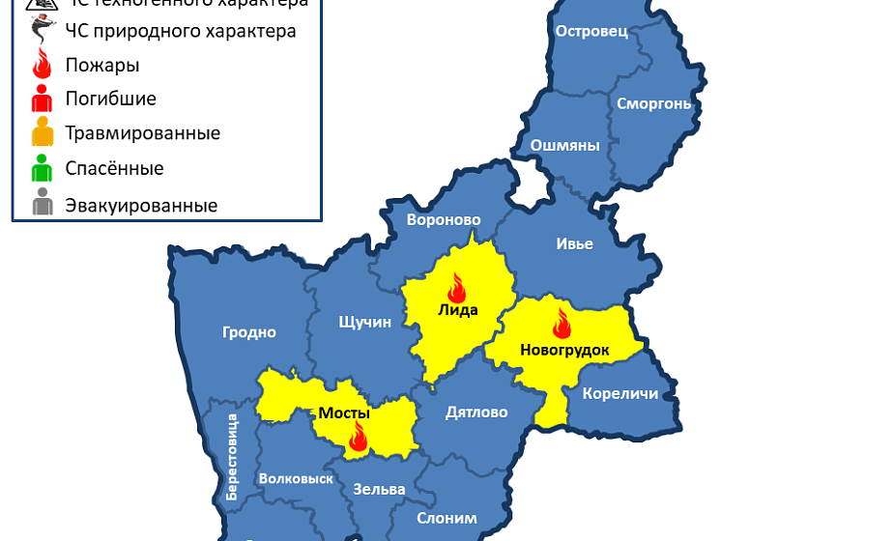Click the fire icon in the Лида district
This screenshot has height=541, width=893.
pyautogui.click(x=456, y=287)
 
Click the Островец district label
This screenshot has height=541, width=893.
pyautogui.click(x=591, y=31)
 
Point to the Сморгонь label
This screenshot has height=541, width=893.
pyautogui.click(x=654, y=102)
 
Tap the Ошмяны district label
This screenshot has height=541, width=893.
pyautogui.click(x=565, y=145)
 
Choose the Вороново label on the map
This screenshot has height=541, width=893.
pyautogui.click(x=443, y=219)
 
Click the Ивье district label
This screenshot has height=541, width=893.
pyautogui.click(x=574, y=243)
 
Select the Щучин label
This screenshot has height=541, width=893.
pyautogui.click(x=365, y=322)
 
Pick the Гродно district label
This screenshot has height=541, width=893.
pyautogui.click(x=249, y=332)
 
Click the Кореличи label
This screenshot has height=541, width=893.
pyautogui.click(x=620, y=393)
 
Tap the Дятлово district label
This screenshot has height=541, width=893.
pyautogui.click(x=476, y=413)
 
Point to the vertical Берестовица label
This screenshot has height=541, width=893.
pyautogui.click(x=232, y=456)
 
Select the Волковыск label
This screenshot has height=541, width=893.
pyautogui.click(x=296, y=478)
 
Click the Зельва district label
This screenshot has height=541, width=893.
pyautogui.click(x=379, y=489)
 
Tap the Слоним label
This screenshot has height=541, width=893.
pyautogui.click(x=446, y=518)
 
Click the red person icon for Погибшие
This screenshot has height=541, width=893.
pyautogui.click(x=42, y=99)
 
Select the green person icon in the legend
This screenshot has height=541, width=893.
pyautogui.click(x=42, y=169)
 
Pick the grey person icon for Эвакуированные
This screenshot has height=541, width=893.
pyautogui.click(x=42, y=205)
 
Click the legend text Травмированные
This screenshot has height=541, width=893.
pyautogui.click(x=142, y=133)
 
